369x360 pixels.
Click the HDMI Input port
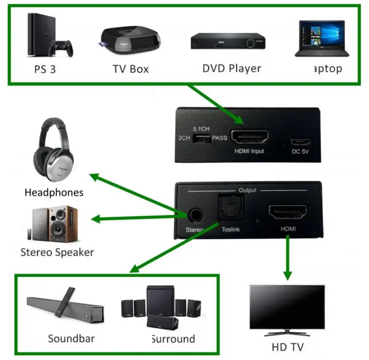click(250, 136)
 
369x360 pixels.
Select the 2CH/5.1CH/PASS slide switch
click(204, 138)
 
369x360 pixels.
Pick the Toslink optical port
click(227, 209)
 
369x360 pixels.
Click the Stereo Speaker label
click(57, 252)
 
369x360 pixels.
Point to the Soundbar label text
click(72, 338)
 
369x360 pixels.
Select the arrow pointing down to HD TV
click(286, 260)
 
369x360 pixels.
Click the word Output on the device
click(247, 190)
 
